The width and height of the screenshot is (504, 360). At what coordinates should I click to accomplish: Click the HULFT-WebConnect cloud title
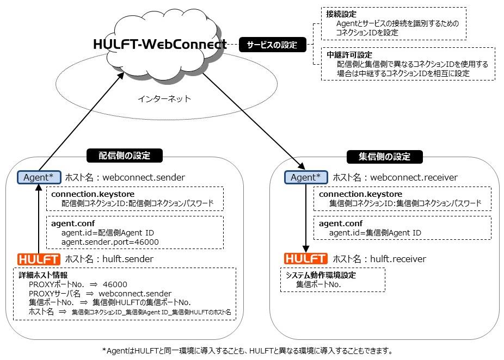coord(160,44)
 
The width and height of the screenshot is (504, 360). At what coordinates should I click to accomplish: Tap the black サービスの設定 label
coord(272,45)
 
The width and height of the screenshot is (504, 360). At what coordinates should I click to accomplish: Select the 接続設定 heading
coord(341,14)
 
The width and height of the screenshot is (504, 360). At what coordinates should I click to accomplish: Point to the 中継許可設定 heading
coord(349,55)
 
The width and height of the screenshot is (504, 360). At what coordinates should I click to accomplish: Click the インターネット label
coord(164,98)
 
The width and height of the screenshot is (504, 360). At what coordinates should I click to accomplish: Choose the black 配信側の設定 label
coord(125,156)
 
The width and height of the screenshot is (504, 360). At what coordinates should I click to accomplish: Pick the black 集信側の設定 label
coord(384,157)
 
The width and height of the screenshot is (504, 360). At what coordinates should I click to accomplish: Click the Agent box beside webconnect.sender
coord(39,177)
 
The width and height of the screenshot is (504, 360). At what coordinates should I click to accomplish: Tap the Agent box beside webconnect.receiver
coord(306,177)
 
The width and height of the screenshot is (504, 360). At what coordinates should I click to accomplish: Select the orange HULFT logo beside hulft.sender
coord(39,259)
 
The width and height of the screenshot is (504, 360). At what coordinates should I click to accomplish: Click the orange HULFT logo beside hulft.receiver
coord(306,258)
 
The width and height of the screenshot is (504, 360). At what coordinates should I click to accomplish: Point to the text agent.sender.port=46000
coord(110,242)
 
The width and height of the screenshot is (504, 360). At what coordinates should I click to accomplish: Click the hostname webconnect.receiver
coord(414,177)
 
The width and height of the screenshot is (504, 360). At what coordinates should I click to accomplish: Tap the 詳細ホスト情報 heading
coord(43,275)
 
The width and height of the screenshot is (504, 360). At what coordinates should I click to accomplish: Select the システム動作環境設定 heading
coord(321,275)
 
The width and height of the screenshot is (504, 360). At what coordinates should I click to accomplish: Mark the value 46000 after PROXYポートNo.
coord(115,284)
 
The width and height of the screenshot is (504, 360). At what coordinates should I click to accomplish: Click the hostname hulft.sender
coord(127,259)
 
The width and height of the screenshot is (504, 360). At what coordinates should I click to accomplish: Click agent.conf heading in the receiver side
coord(340,224)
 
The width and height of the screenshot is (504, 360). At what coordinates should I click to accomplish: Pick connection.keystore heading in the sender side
coord(93,194)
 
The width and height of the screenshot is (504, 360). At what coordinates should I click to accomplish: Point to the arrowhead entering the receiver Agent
coord(302,166)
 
